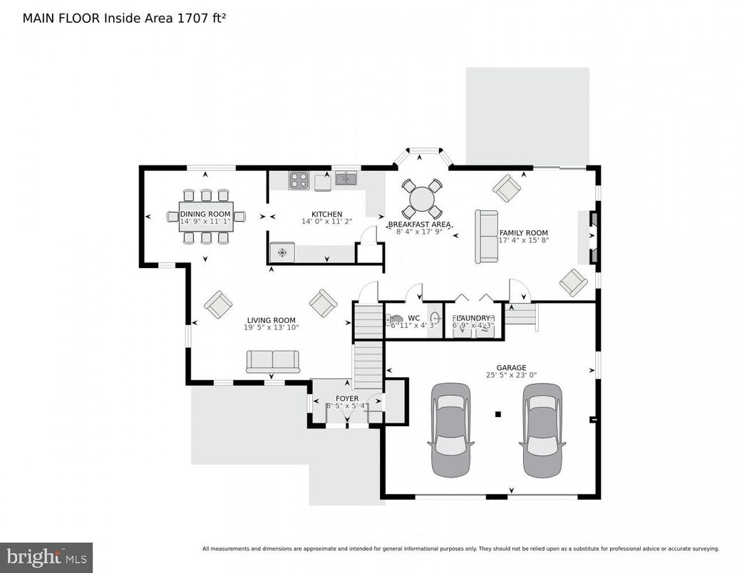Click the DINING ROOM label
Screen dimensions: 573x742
click(205, 214)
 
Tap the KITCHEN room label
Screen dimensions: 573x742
click(326, 214)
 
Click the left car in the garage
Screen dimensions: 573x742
click(450, 430)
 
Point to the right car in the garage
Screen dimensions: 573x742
click(542, 430)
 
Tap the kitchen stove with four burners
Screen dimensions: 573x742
click(299, 180)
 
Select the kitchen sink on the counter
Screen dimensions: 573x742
click(346, 178)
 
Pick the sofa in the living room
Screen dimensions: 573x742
click(272, 361)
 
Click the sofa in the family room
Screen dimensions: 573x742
click(488, 236)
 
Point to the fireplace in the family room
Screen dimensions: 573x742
click(591, 238)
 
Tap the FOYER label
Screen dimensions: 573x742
click(347, 398)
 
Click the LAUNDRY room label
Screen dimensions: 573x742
click(472, 318)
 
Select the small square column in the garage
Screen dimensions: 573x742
click(498, 413)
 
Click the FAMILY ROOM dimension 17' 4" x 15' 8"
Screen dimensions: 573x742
click(522, 241)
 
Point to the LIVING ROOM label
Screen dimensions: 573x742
click(271, 320)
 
